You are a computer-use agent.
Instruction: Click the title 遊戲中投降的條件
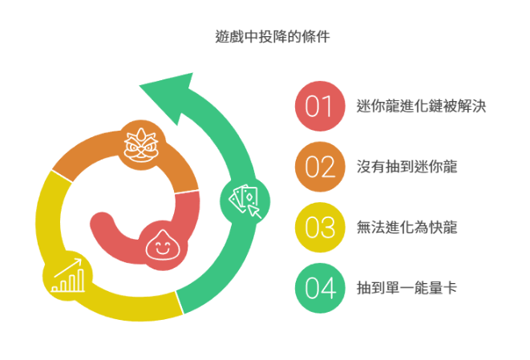click(x=273, y=37)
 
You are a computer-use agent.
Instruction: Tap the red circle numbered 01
click(x=320, y=106)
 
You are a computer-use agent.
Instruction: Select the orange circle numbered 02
click(x=320, y=167)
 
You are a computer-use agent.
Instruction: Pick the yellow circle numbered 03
click(x=320, y=227)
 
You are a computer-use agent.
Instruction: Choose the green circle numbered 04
click(x=320, y=288)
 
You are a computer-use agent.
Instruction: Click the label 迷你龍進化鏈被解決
click(x=421, y=106)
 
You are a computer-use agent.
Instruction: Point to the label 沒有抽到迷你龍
click(x=407, y=167)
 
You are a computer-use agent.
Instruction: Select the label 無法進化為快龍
click(x=407, y=227)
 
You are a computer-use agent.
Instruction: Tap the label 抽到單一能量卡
click(x=407, y=288)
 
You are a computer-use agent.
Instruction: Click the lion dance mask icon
click(x=141, y=145)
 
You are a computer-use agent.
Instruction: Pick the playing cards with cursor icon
click(x=245, y=202)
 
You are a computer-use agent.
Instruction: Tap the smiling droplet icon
click(x=163, y=245)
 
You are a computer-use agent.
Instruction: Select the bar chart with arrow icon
click(x=68, y=276)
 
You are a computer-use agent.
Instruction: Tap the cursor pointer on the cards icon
click(x=254, y=212)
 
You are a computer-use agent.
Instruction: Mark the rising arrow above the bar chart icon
click(x=68, y=268)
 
